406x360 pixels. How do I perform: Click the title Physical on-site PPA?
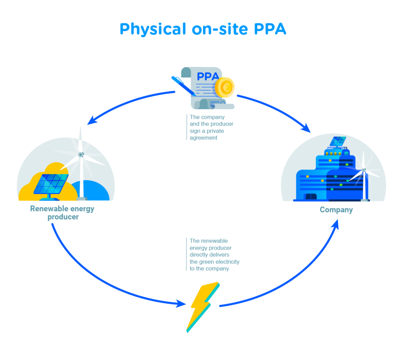click(203, 29)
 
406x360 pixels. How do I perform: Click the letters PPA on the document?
click(208, 76)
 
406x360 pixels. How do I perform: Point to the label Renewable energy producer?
click(62, 213)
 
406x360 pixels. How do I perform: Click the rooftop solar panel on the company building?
click(338, 141)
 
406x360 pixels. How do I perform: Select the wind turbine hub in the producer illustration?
click(81, 155)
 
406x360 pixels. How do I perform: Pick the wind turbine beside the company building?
click(364, 175)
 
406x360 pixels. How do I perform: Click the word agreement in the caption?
click(203, 138)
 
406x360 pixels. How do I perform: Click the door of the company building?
click(311, 197)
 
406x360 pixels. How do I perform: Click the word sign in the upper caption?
click(195, 131)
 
